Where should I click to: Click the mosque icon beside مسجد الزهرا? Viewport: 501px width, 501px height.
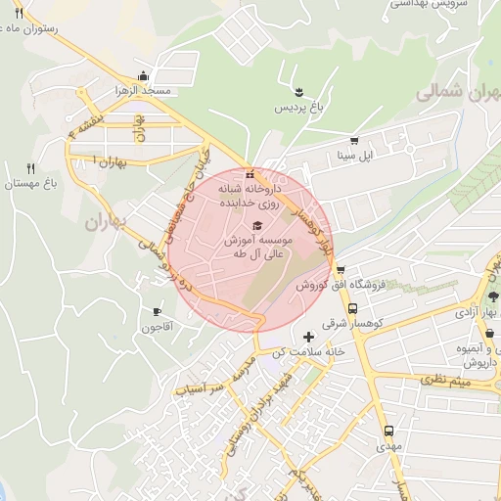click(144, 75)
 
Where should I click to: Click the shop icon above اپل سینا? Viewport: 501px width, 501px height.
click(353, 140)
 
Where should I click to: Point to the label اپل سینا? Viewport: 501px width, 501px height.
click(353, 155)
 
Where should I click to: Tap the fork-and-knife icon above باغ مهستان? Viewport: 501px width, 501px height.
click(30, 168)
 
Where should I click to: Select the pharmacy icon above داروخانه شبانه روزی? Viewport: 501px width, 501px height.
click(250, 174)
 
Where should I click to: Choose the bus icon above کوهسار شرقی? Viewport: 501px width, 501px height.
click(352, 307)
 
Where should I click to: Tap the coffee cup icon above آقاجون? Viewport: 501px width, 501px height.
click(157, 311)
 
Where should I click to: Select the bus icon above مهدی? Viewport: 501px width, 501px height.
click(388, 431)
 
